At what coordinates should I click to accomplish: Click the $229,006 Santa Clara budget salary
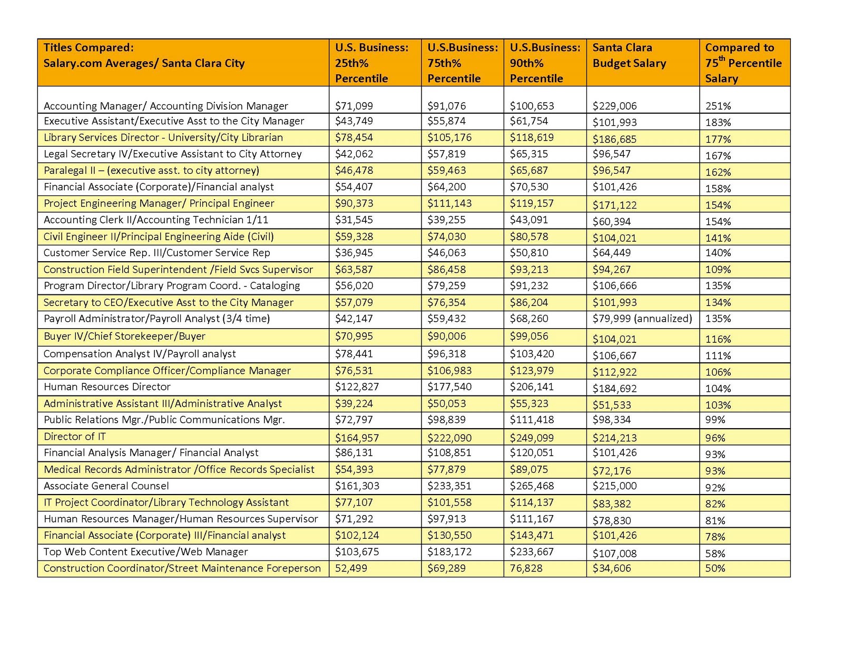click(614, 106)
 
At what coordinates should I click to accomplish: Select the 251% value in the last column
click(718, 106)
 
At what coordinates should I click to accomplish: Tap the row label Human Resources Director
click(107, 387)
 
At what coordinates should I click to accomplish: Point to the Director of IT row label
click(75, 437)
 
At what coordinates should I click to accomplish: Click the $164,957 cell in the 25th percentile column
click(357, 438)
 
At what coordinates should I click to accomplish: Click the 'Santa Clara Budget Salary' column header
click(629, 55)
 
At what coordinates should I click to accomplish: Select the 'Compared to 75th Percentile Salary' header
click(743, 63)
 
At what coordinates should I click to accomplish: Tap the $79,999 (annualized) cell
click(642, 319)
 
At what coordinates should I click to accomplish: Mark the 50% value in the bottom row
click(715, 568)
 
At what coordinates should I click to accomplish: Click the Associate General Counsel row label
click(106, 486)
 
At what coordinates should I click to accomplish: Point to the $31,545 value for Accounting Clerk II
click(354, 220)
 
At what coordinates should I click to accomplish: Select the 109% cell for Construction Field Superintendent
click(718, 270)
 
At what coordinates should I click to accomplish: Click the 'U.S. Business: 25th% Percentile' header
click(371, 63)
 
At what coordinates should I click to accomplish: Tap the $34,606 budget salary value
click(611, 568)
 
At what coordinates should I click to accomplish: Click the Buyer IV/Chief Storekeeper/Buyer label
click(124, 337)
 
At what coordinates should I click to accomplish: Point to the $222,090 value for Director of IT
click(449, 438)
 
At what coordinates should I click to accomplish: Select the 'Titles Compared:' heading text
click(89, 47)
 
